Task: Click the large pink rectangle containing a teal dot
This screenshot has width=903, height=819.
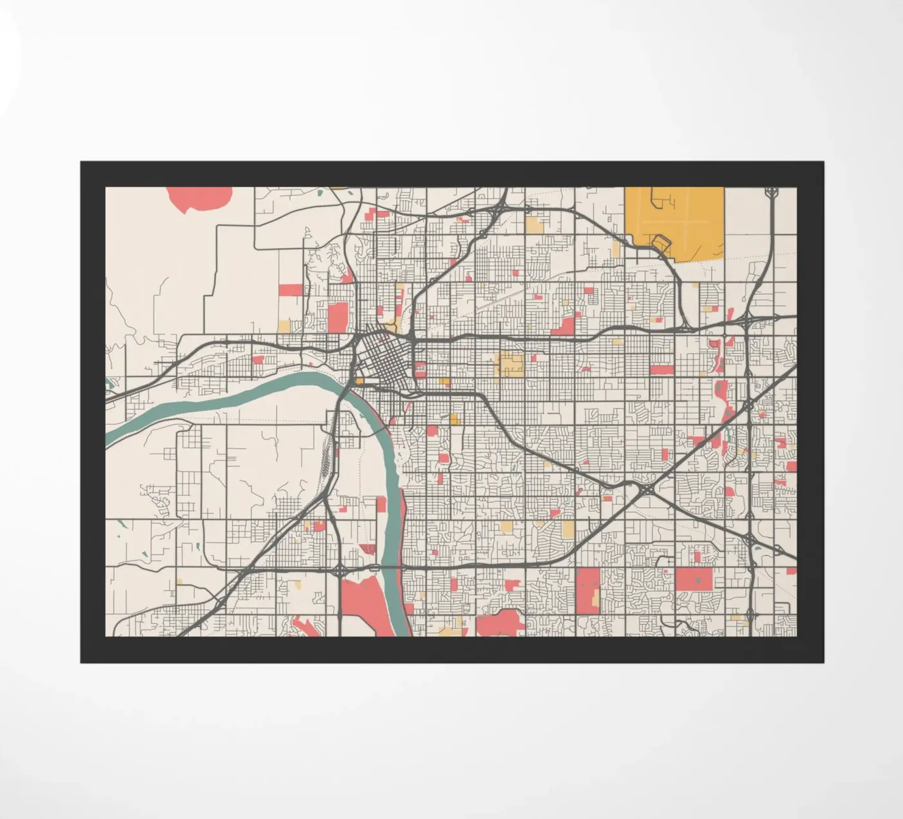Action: [695, 579]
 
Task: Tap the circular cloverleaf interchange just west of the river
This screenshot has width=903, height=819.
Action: [339, 571]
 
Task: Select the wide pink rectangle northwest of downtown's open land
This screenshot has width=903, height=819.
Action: [290, 290]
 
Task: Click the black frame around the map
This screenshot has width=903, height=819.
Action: [451, 650]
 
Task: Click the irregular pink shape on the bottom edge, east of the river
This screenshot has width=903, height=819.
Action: [500, 622]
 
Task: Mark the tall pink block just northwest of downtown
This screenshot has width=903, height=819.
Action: [337, 317]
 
